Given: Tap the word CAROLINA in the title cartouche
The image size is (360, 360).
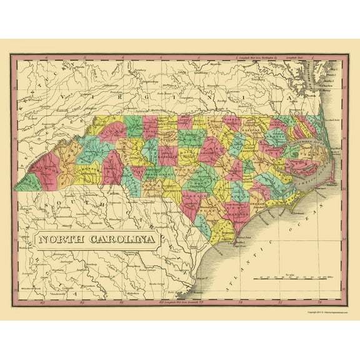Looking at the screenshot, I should click(x=119, y=237).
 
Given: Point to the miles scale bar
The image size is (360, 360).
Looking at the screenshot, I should click(x=293, y=279).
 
